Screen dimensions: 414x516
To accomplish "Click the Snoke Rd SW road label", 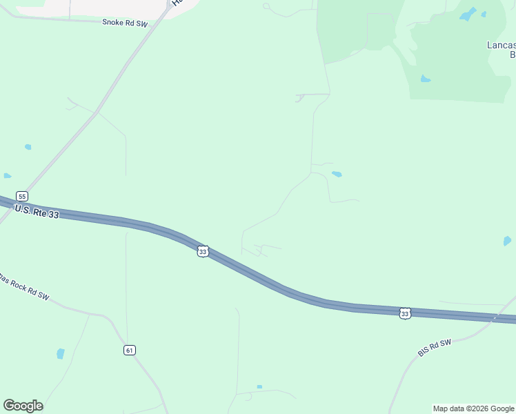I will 125,23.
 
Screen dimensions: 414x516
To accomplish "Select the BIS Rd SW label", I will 434,348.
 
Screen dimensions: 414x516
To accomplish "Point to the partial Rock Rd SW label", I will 24,288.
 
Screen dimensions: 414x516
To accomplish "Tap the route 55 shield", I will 22,196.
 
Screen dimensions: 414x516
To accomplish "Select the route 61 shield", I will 129,350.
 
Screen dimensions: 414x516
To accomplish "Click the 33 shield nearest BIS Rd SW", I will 405,314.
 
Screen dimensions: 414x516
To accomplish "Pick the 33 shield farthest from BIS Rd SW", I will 202,252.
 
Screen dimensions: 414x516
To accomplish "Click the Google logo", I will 23,406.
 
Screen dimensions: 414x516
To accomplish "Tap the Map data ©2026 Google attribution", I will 474,408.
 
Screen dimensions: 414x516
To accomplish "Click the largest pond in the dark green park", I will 468,14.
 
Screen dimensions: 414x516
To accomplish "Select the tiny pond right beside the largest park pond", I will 484,14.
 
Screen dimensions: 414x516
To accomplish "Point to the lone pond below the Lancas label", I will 426,79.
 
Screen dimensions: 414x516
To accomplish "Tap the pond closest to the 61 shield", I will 60,354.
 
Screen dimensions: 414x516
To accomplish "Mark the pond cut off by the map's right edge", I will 507,241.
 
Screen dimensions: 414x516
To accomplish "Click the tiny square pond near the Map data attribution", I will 259,387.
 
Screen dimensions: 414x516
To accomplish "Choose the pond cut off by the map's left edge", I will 6,176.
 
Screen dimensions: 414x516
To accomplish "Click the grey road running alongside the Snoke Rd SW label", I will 83,19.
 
